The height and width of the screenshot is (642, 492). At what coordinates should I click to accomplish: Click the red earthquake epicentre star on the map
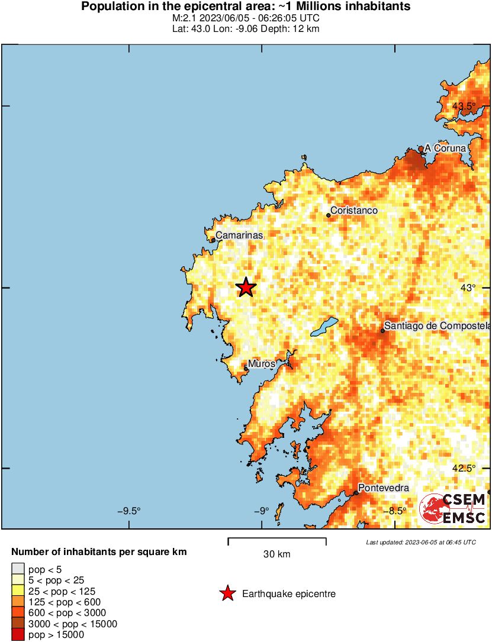pyautogui.click(x=246, y=288)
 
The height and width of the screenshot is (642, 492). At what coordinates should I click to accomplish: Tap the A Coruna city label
pyautogui.click(x=449, y=149)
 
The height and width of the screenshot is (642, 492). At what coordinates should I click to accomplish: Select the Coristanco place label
pyautogui.click(x=353, y=211)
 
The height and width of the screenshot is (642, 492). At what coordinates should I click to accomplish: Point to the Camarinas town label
pyautogui.click(x=239, y=235)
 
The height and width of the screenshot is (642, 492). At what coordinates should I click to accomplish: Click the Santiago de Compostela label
pyautogui.click(x=438, y=326)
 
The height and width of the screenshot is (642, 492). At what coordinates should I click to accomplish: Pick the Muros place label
pyautogui.click(x=261, y=364)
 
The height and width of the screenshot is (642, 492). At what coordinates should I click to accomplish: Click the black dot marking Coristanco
pyautogui.click(x=328, y=215)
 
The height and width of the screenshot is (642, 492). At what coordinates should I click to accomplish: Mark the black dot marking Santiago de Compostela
pyautogui.click(x=382, y=330)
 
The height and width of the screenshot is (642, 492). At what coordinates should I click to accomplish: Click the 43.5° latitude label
pyautogui.click(x=464, y=107)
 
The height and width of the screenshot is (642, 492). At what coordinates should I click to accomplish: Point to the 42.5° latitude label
pyautogui.click(x=464, y=468)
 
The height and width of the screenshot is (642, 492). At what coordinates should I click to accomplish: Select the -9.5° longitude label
pyautogui.click(x=128, y=511)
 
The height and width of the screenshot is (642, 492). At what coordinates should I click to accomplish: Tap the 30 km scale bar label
pyautogui.click(x=276, y=554)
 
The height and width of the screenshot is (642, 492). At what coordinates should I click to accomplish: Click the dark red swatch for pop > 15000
pyautogui.click(x=18, y=635)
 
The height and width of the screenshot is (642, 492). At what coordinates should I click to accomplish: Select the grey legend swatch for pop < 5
pyautogui.click(x=18, y=570)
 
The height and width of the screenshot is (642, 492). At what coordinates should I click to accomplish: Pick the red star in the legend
pyautogui.click(x=227, y=593)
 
